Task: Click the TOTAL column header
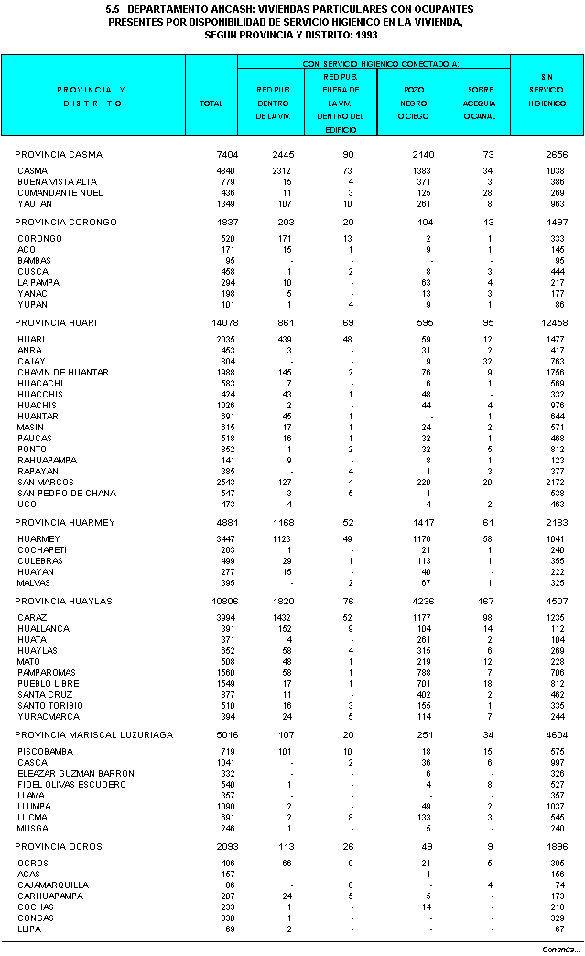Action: coord(211,103)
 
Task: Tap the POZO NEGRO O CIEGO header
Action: coord(414,103)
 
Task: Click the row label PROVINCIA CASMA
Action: coord(59,154)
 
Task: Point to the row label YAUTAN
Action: coord(34,204)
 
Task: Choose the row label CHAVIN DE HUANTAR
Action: coord(62,373)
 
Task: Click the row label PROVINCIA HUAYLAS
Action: coord(64,601)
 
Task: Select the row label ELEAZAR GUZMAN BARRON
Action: coord(76,774)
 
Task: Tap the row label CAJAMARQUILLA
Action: coord(53,885)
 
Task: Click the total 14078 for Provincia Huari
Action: coord(222,323)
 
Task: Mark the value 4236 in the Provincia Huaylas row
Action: coord(421,601)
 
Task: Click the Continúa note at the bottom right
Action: coord(558,949)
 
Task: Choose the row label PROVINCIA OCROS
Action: coord(59,846)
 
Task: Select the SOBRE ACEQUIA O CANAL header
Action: coord(481,103)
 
